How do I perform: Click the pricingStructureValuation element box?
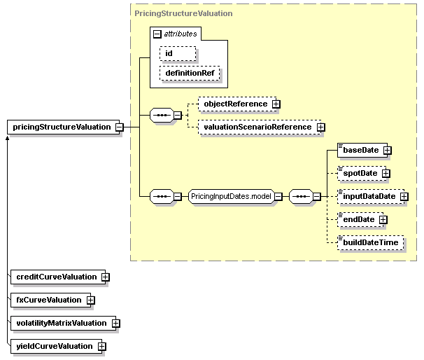[63, 127]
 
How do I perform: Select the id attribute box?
[178, 53]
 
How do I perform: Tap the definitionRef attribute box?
[190, 73]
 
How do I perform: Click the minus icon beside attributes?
[157, 34]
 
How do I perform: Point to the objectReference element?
[237, 104]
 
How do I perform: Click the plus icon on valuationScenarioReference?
[321, 127]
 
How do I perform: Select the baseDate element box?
[362, 150]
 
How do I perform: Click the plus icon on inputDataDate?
[404, 197]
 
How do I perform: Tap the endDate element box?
[360, 219]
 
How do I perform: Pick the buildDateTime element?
[371, 242]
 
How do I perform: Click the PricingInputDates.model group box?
[231, 197]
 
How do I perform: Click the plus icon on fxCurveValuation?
[90, 300]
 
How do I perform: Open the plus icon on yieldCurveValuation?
[102, 347]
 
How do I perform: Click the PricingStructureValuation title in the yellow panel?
[183, 13]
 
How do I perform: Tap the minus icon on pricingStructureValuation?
[120, 127]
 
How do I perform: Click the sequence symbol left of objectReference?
[162, 116]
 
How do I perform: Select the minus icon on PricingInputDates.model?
[278, 197]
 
